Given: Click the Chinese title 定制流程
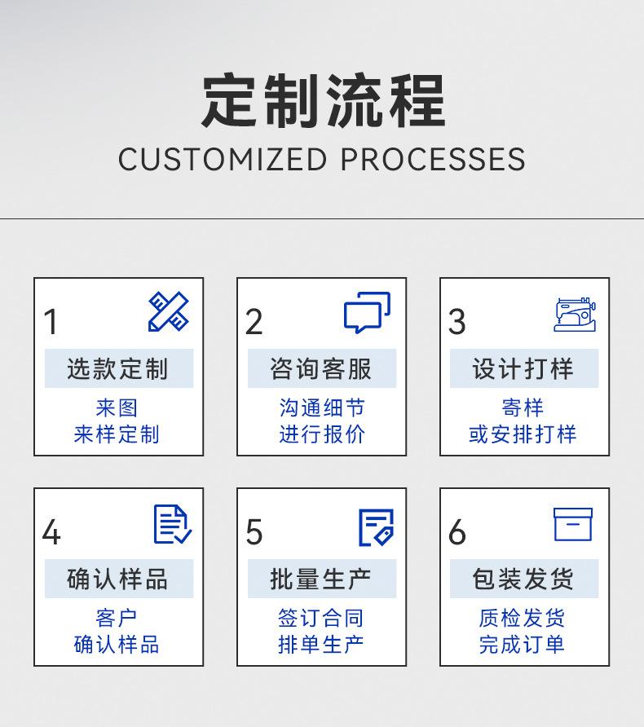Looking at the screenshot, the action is (322, 100).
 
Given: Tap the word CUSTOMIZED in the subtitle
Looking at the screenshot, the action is (223, 159).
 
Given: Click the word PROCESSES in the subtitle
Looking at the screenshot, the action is (433, 159).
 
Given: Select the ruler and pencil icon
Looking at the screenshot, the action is (169, 312).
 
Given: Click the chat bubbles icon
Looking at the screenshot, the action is (367, 313).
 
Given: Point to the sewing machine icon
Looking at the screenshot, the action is (575, 315).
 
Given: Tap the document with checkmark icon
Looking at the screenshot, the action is (173, 524).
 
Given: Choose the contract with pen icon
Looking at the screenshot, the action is (376, 527).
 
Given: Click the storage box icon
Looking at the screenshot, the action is (573, 524).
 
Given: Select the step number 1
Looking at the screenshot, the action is (51, 323).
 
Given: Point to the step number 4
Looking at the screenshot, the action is (51, 533).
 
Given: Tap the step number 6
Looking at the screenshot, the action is (457, 533).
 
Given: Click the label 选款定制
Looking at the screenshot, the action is (118, 369).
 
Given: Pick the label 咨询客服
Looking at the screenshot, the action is (321, 369).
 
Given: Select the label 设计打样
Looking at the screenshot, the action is (523, 369).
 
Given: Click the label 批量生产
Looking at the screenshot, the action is (321, 579).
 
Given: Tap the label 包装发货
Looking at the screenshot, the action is (523, 579).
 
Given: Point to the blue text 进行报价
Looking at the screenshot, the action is (321, 434).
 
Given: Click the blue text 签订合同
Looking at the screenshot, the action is (321, 619).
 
